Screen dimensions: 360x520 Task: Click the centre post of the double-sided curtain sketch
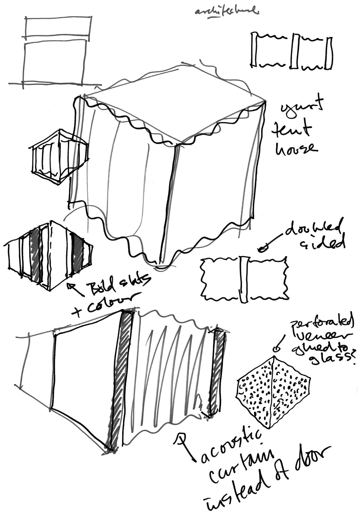pyautogui.click(x=244, y=279)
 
